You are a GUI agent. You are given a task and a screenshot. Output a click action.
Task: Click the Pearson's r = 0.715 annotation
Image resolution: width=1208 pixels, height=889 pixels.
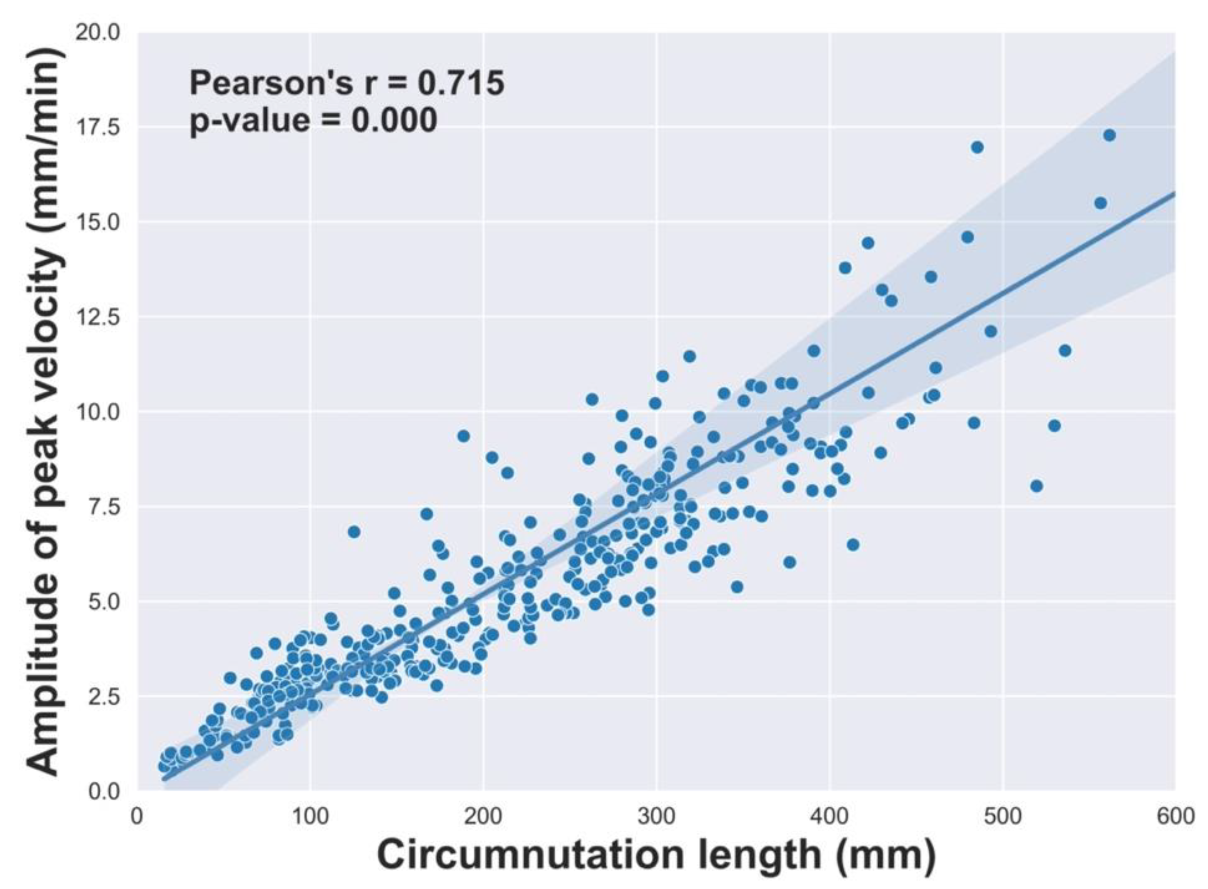coord(347,84)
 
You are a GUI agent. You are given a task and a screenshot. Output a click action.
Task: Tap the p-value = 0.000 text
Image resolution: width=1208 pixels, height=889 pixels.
coord(313,120)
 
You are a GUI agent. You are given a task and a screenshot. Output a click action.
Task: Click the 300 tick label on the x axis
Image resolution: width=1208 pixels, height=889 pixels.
coord(656,816)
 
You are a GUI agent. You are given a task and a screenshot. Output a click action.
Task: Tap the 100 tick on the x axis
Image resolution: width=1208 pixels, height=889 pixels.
coord(311,816)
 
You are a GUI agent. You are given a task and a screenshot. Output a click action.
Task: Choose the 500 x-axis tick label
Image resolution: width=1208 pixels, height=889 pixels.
coord(1002,816)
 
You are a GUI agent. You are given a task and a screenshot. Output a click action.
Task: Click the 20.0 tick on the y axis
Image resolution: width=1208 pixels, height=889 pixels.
coord(97,33)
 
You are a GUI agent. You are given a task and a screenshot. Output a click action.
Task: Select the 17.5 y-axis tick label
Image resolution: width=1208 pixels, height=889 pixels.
coord(97,128)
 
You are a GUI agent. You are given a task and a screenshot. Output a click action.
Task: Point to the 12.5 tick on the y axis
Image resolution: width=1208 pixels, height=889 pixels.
coord(97,317)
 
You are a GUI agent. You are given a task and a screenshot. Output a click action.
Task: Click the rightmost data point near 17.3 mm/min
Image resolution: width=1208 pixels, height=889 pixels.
coord(1109,135)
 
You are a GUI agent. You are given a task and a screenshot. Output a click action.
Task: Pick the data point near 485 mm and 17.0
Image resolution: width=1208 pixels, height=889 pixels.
coord(977,147)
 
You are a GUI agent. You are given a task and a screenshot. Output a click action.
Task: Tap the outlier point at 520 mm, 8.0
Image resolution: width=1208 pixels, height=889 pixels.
coord(1036,486)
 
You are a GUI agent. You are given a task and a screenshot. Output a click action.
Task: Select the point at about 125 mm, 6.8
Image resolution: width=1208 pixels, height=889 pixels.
coord(353,531)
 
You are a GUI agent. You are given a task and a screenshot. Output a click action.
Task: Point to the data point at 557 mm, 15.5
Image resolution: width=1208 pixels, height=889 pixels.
coord(1100,203)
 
